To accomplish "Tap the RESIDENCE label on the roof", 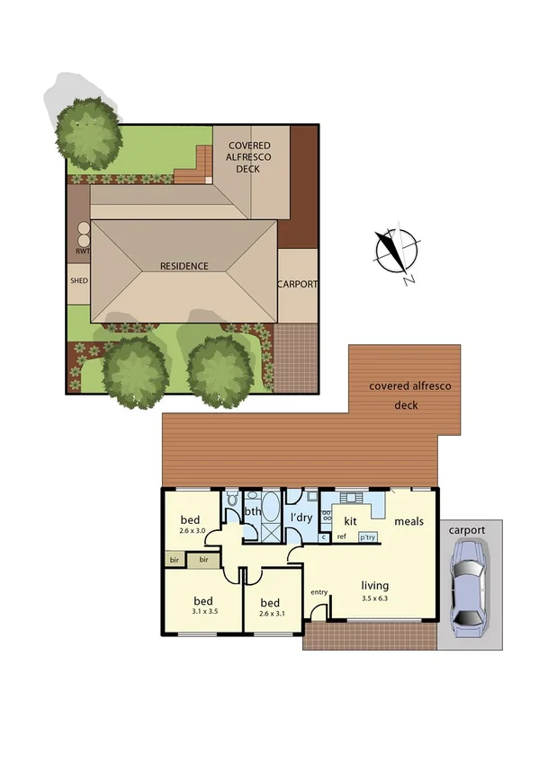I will coord(184,266).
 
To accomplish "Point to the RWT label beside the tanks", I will coord(82,252).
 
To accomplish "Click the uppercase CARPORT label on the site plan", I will coord(297,284).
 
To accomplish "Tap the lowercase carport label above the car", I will coord(468,530).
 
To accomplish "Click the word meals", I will coord(408,521).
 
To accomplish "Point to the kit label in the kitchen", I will coord(350,520).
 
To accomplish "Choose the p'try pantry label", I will coord(367,537).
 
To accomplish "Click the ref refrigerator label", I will coord(342,537).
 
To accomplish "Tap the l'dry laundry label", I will coord(301,518).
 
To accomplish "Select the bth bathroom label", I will coord(252,513).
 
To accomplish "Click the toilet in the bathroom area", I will coord(231,500).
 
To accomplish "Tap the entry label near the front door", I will coord(319,593).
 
